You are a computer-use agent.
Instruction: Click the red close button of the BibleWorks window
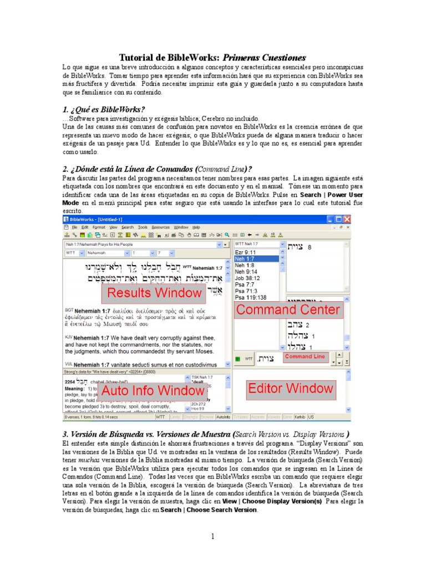[347, 219]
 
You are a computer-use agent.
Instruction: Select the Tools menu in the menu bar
[143, 227]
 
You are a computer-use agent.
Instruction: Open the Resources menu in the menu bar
[160, 227]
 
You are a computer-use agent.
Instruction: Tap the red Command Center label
[288, 310]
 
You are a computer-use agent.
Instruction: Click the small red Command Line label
[305, 357]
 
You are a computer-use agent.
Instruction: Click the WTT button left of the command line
[249, 359]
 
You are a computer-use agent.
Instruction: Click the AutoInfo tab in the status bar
[224, 416]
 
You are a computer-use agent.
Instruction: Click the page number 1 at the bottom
[212, 536]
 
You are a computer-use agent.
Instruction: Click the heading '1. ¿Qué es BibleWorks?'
[104, 109]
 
